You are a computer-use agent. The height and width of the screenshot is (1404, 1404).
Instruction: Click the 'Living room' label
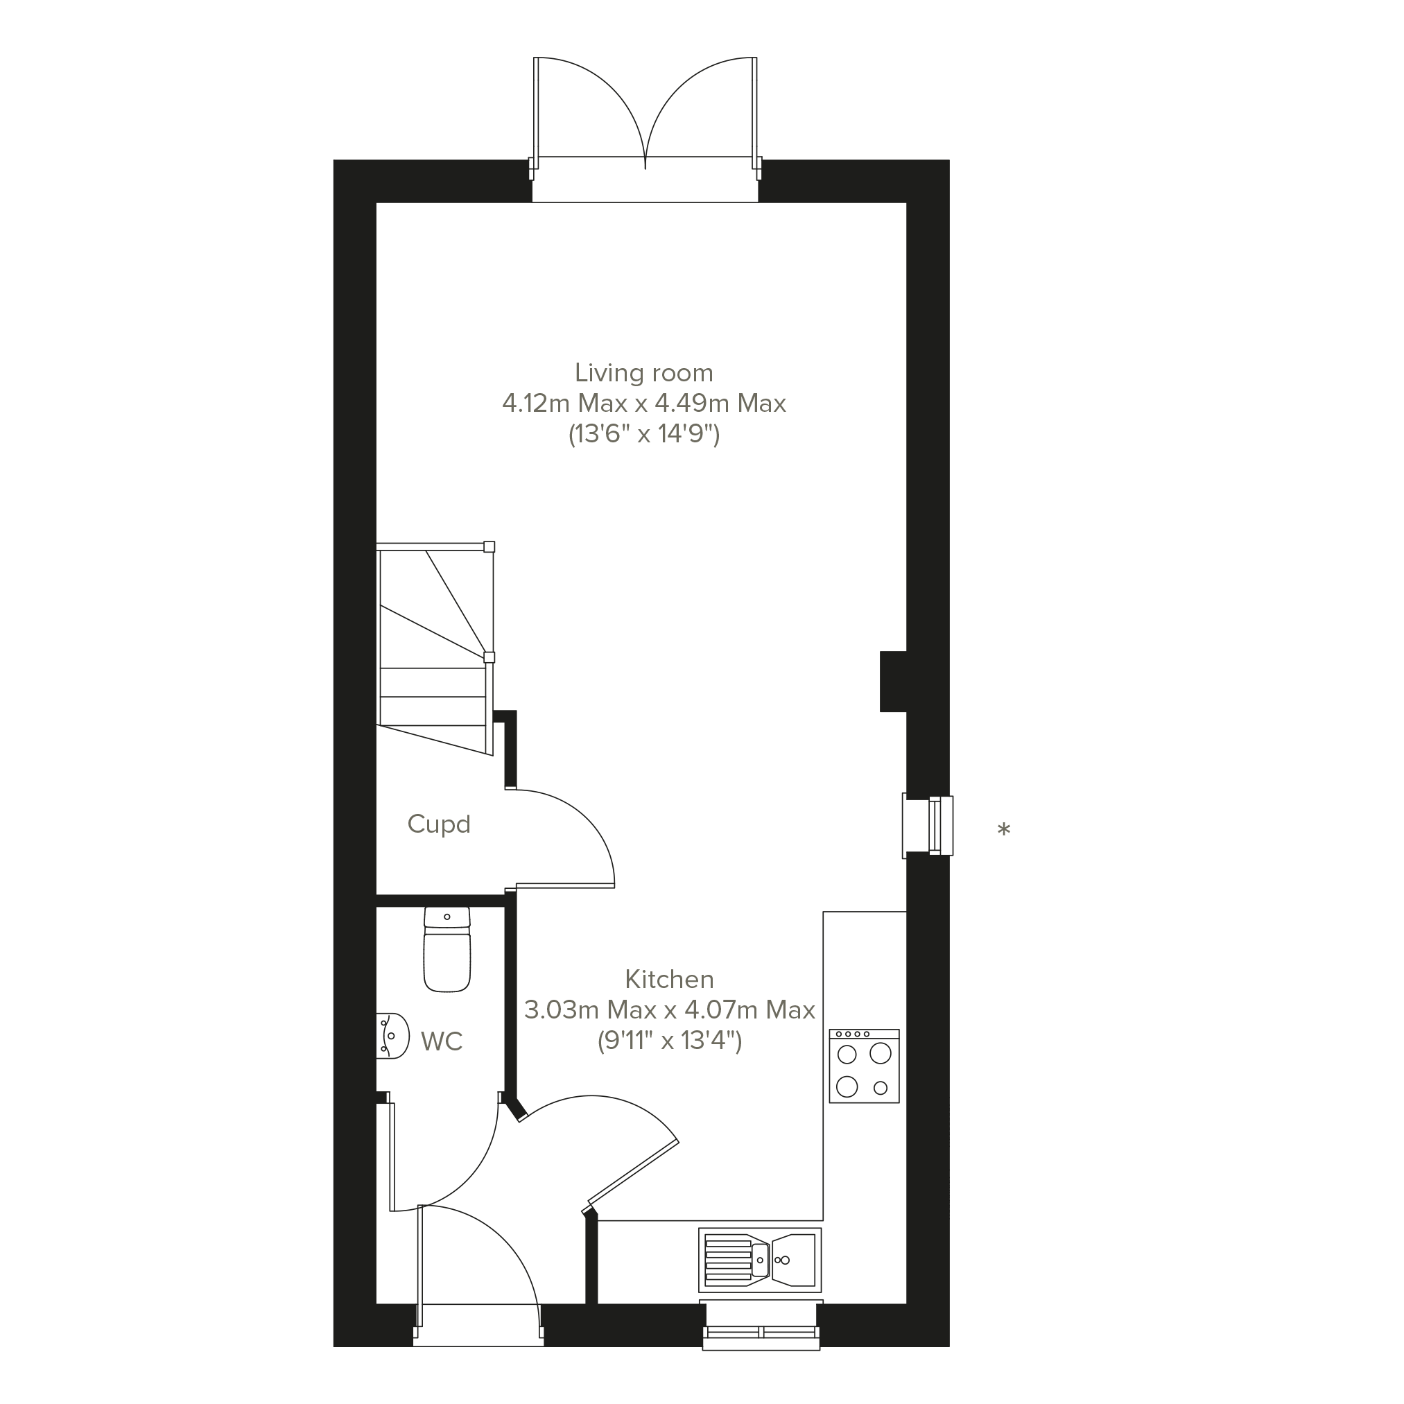644,373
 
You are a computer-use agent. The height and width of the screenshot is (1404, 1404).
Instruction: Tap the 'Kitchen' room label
669,980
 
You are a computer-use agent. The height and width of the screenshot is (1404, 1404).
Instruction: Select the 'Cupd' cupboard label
439,825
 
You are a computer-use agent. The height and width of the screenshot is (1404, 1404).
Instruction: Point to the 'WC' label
441,1041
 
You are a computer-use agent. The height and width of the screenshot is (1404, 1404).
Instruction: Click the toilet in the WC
447,949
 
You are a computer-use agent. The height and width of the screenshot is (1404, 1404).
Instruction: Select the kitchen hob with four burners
864,1066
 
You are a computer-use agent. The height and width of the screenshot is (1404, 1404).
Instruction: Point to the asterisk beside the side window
1003,830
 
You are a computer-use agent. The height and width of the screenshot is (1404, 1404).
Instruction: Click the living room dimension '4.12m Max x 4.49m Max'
644,404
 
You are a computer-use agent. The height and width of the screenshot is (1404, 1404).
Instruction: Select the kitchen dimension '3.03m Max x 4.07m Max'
669,1010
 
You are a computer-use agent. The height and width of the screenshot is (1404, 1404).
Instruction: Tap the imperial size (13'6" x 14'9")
644,435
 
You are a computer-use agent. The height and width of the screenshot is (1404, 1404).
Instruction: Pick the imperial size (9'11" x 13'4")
669,1041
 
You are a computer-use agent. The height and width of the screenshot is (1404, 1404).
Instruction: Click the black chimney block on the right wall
893,682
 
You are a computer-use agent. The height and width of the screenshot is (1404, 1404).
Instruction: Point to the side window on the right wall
928,826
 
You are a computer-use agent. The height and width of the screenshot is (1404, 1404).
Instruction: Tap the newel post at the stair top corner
489,546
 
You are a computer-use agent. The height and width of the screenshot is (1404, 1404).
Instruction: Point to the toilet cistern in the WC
447,918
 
